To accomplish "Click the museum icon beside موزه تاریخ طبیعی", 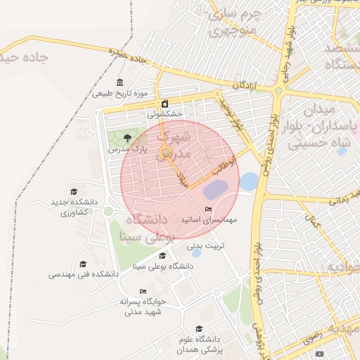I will [120, 82].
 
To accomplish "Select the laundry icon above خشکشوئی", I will [165, 103].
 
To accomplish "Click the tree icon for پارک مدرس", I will [127, 138].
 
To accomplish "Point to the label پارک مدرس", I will [127, 149].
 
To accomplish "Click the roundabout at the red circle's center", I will [166, 153].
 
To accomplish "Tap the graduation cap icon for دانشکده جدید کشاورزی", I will [74, 191].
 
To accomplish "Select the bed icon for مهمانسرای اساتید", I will [208, 210].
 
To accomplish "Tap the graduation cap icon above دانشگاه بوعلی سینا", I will [162, 256].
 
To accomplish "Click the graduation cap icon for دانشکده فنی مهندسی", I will [83, 264].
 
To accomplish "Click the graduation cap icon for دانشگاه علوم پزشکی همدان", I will [199, 328].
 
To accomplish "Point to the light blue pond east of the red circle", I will [248, 181].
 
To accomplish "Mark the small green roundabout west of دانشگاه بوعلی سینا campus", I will [108, 211].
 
